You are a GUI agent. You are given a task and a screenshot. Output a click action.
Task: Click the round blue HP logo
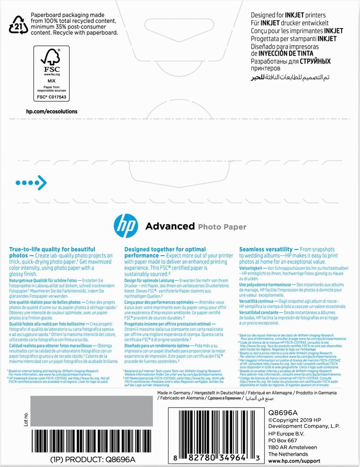(x=126, y=226)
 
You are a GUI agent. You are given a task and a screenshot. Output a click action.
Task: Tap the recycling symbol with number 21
(x=18, y=25)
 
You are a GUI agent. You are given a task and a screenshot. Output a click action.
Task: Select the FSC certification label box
(x=52, y=73)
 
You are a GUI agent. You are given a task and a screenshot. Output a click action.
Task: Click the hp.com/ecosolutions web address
(x=52, y=112)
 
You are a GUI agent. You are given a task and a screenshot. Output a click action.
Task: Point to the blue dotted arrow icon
(x=31, y=183)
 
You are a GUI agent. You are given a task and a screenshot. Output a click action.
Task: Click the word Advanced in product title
(x=170, y=226)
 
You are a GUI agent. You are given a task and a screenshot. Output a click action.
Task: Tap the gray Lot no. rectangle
(x=91, y=411)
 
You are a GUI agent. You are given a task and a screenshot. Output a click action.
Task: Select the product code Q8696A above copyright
(x=283, y=413)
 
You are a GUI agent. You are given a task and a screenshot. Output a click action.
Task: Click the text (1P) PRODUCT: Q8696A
(x=93, y=460)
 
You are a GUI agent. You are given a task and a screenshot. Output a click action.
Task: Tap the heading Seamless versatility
(x=266, y=249)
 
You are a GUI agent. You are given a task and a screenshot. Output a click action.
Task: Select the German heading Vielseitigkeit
(x=251, y=268)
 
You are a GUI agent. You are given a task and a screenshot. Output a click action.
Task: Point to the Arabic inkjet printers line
(x=290, y=77)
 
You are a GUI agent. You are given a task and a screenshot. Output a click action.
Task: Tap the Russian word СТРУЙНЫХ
(x=315, y=62)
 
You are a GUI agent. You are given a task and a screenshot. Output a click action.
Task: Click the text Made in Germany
(x=174, y=393)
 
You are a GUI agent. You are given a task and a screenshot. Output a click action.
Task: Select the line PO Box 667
(x=283, y=440)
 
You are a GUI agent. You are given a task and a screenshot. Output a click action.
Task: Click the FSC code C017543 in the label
(x=52, y=97)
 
